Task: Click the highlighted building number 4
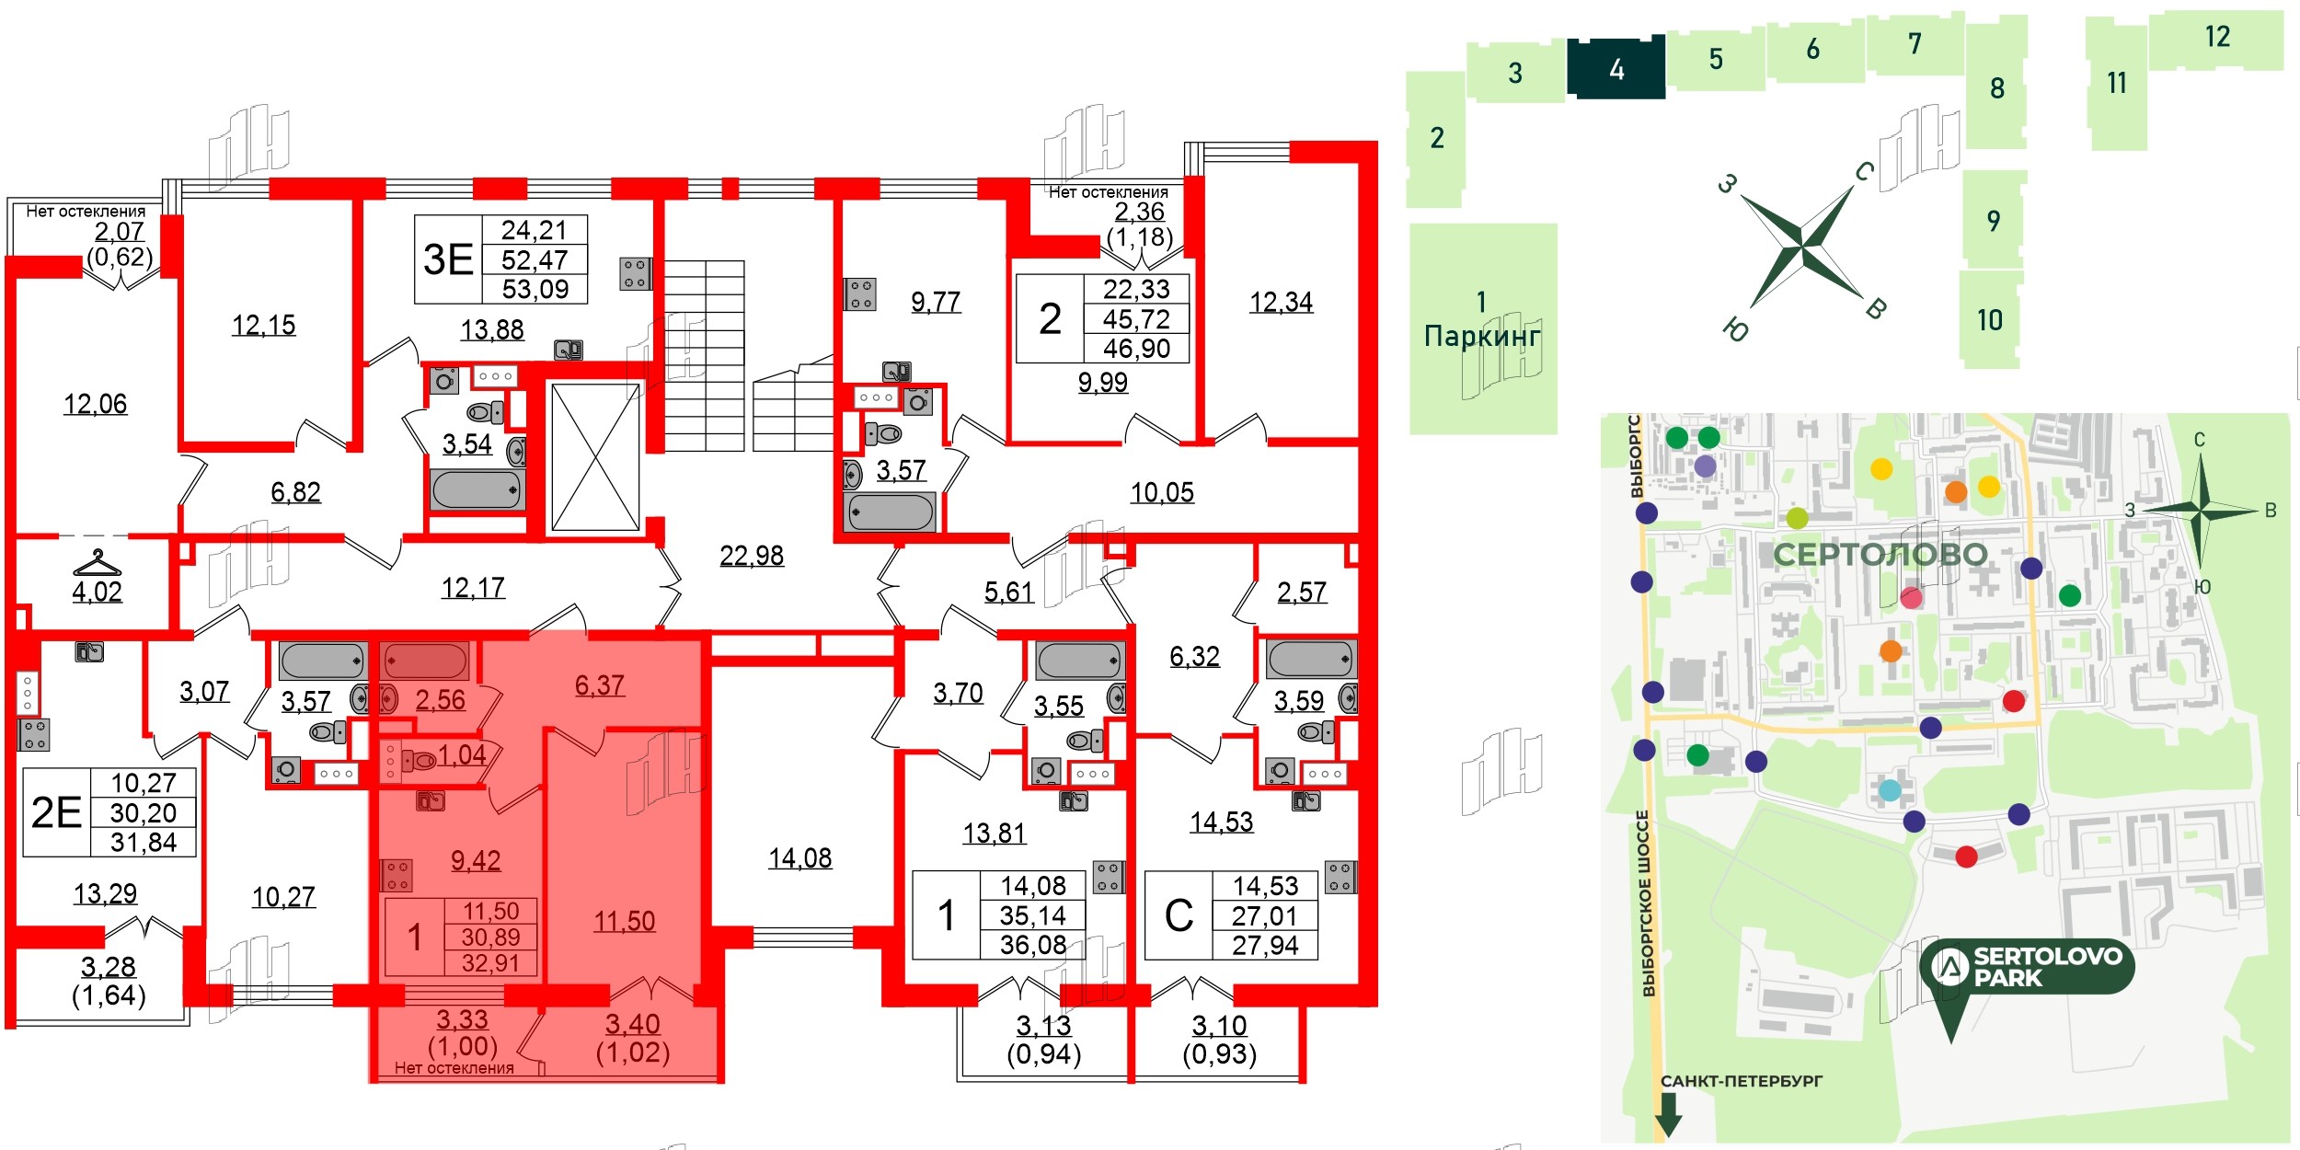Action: tap(1616, 69)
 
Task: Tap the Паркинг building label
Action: tap(1482, 336)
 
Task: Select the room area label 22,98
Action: tap(752, 556)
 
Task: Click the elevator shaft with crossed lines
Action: tap(595, 457)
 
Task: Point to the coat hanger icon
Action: tap(97, 562)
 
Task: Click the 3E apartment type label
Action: tap(448, 259)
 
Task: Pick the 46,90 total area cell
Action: tap(1136, 349)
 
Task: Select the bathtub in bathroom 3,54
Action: tap(477, 489)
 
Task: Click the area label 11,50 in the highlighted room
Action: tap(625, 921)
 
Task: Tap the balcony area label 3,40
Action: tap(632, 1024)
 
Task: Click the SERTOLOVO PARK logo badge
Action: tap(2027, 967)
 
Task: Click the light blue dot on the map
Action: tap(1890, 790)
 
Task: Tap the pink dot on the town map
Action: tap(1912, 598)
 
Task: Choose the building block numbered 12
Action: tap(2217, 38)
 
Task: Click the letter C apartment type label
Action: tap(1179, 915)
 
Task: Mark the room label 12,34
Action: tap(1281, 302)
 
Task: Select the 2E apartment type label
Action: tap(56, 812)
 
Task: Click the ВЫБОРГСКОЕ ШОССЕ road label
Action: tap(1648, 903)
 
